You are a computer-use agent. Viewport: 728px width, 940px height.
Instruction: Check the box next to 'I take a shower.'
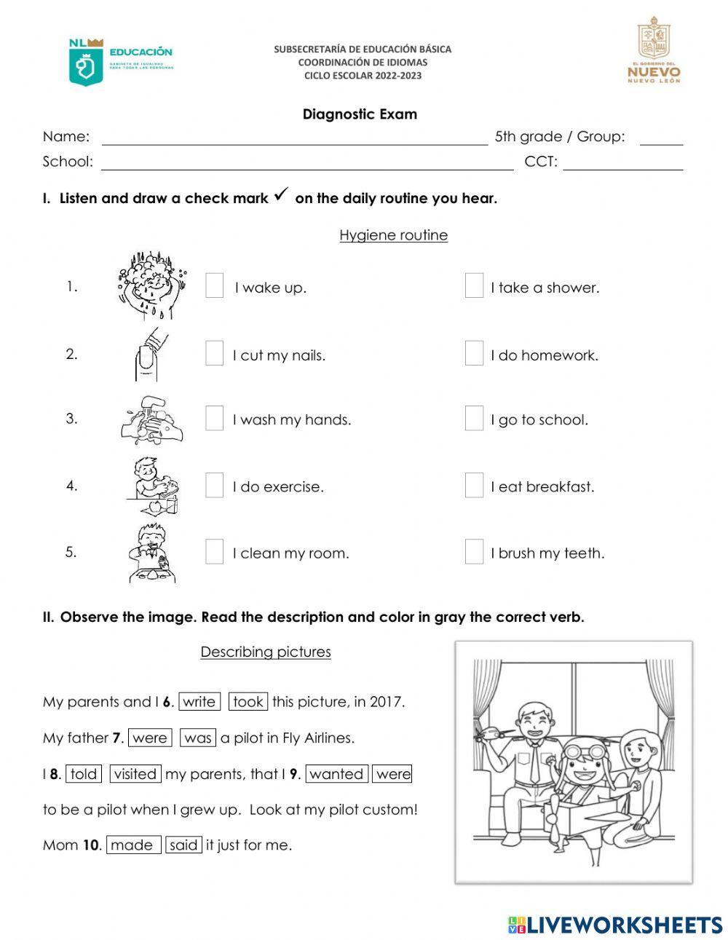click(474, 286)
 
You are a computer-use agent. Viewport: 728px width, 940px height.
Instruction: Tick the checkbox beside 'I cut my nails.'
click(214, 353)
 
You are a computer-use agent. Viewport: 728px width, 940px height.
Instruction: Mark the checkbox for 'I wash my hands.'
click(214, 418)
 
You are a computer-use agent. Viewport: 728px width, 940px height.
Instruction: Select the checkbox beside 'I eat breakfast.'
click(474, 485)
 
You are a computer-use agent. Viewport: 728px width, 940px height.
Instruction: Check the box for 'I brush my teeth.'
click(474, 552)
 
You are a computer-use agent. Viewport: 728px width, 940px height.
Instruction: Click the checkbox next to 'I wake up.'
click(214, 286)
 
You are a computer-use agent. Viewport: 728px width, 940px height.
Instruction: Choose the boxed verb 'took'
click(248, 702)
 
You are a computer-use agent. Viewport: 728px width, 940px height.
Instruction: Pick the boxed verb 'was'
click(198, 738)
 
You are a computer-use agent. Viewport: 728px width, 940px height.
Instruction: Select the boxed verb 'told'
click(84, 774)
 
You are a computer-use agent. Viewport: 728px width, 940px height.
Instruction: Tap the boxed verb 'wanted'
click(336, 774)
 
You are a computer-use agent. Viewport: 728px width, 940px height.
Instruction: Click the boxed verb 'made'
click(133, 845)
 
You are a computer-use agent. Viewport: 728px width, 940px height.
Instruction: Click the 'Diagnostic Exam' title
click(360, 114)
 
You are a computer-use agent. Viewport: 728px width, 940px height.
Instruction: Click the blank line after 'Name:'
click(295, 138)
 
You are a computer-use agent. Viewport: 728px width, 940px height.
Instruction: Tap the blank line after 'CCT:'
click(622, 163)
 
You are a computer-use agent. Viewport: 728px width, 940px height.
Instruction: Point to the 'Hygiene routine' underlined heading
click(393, 235)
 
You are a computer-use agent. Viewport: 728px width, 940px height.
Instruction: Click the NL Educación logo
click(120, 62)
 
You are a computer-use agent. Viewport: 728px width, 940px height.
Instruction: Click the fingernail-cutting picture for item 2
click(149, 354)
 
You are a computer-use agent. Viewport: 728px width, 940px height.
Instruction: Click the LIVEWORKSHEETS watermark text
click(615, 925)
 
